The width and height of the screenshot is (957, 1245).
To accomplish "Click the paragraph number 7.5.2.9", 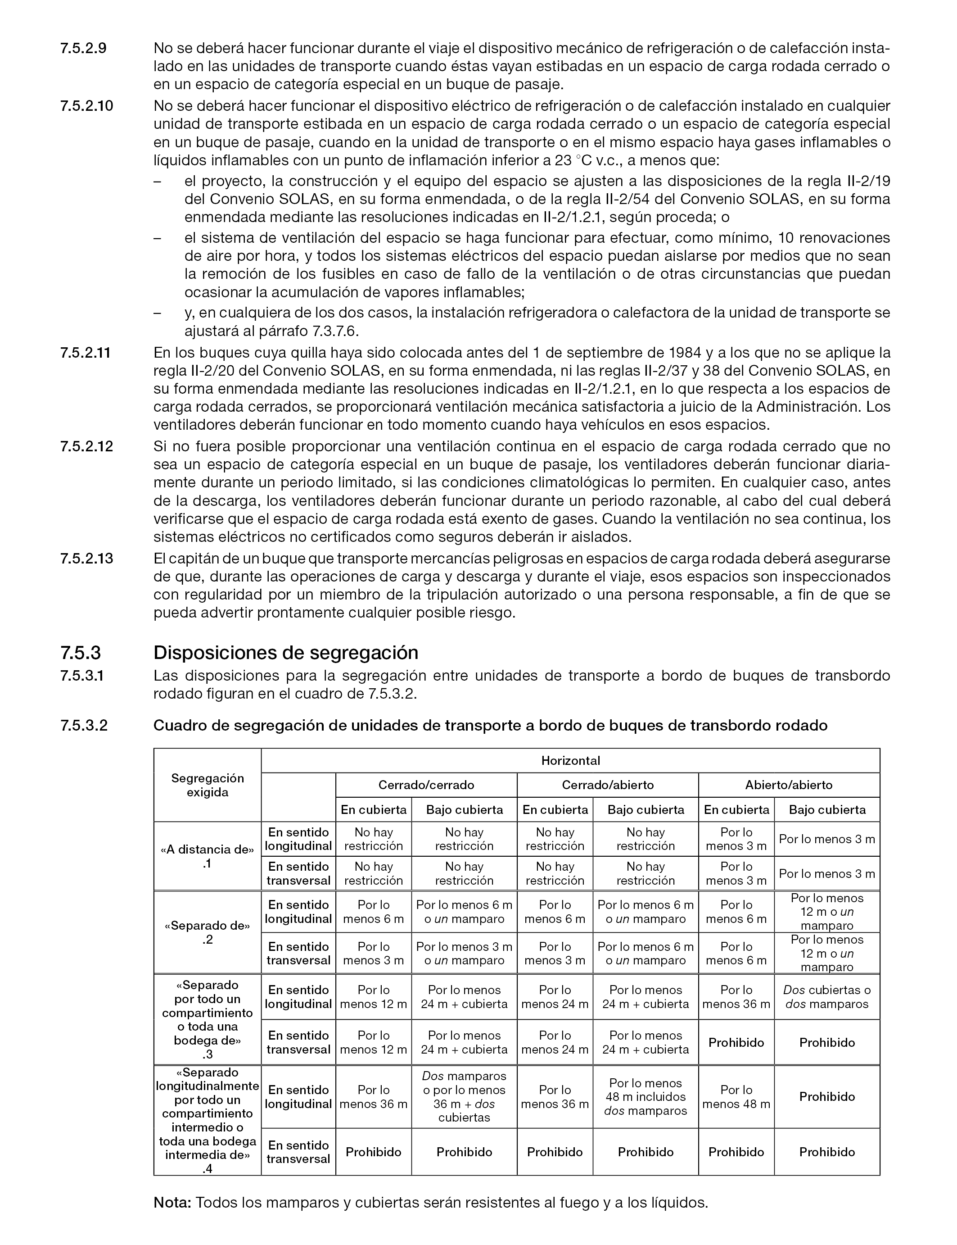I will [83, 48].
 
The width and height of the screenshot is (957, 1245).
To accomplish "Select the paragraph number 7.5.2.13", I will [86, 558].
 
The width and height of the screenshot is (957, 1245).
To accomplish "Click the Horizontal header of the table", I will [570, 760].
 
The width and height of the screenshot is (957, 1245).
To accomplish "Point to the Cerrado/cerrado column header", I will [426, 785].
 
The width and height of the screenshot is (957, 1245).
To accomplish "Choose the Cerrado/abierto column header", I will [607, 785].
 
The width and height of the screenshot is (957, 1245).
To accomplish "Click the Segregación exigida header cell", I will [208, 785].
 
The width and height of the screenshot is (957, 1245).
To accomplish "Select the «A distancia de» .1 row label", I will [208, 856].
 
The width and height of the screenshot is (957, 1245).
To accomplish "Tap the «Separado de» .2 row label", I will [208, 932].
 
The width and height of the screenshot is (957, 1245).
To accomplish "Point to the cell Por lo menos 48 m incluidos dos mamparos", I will [646, 1097].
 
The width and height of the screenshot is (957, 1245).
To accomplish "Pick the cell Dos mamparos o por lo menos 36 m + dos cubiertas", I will [464, 1097].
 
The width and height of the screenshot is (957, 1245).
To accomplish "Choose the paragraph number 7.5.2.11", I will [86, 352].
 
